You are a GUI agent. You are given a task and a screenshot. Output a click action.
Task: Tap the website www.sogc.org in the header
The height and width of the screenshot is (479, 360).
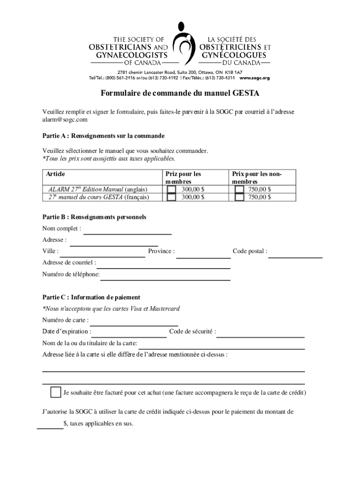(x=254, y=78)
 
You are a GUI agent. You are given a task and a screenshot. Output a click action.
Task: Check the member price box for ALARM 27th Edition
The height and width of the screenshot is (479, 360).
(x=172, y=189)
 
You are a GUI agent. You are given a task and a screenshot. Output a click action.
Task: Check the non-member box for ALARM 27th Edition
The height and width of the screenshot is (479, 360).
(x=239, y=189)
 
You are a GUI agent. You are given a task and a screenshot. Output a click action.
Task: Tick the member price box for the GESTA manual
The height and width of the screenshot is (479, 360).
(x=172, y=197)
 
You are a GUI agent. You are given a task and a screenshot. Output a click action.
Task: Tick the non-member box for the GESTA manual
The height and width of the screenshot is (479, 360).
(x=239, y=197)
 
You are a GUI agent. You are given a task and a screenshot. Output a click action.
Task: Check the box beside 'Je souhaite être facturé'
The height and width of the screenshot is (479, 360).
(x=56, y=392)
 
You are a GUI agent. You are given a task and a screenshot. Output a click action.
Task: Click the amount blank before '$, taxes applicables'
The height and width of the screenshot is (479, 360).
(x=50, y=426)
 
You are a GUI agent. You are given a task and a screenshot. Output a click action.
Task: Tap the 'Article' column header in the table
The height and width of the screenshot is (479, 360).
(x=55, y=174)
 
